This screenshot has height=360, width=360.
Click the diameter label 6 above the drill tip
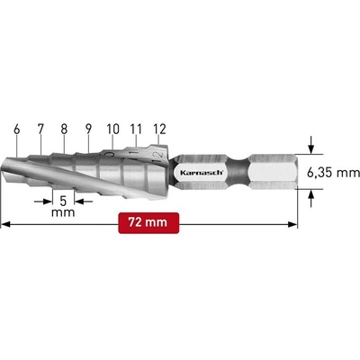pyautogui.click(x=17, y=130)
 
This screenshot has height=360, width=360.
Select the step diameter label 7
pyautogui.click(x=40, y=129)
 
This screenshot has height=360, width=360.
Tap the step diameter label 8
pyautogui.click(x=64, y=129)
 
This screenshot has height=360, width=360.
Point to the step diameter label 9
pyautogui.click(x=88, y=129)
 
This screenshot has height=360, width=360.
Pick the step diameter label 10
pyautogui.click(x=112, y=129)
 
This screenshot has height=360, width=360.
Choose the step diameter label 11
pyautogui.click(x=136, y=129)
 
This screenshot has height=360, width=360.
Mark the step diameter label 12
pyautogui.click(x=159, y=129)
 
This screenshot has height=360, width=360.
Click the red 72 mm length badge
pyautogui.click(x=148, y=223)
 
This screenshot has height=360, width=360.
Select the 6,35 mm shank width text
pyautogui.click(x=333, y=173)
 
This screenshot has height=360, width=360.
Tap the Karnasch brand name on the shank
pyautogui.click(x=202, y=173)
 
